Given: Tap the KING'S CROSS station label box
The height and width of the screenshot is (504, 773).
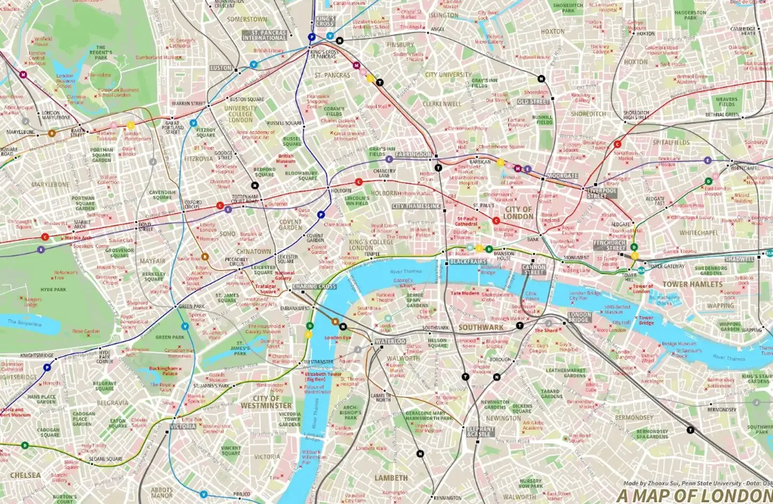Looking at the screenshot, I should point(325,21).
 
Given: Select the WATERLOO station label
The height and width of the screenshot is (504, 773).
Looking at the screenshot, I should point(390,341).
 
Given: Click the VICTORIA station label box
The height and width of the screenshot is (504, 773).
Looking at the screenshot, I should point(183,427).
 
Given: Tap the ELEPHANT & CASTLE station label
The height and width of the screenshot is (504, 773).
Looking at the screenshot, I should point(480,431).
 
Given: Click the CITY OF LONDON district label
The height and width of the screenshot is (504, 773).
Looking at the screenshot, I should point(518,213).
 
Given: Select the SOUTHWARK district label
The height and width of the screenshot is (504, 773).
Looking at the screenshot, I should point(481,327).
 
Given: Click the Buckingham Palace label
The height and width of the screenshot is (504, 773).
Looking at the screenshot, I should point(163,371).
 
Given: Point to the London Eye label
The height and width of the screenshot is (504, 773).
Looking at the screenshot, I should point(338,338).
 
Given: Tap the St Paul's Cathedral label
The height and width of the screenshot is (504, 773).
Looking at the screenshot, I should point(466,221).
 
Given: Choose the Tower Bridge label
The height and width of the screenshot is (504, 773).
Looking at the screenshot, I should point(646,320).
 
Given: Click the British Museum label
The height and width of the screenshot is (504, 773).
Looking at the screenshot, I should point(286,158).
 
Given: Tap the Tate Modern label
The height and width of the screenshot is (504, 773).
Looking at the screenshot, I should point(465,293).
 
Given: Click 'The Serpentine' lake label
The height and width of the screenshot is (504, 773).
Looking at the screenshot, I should point(25,322).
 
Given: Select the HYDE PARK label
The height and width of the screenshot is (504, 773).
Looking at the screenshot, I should point(53,290).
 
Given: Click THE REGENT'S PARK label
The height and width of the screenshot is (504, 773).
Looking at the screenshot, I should point(100,52).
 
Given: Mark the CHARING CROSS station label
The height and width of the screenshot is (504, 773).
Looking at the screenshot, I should point(314,287).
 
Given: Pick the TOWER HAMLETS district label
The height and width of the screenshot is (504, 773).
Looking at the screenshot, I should point(692,284).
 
